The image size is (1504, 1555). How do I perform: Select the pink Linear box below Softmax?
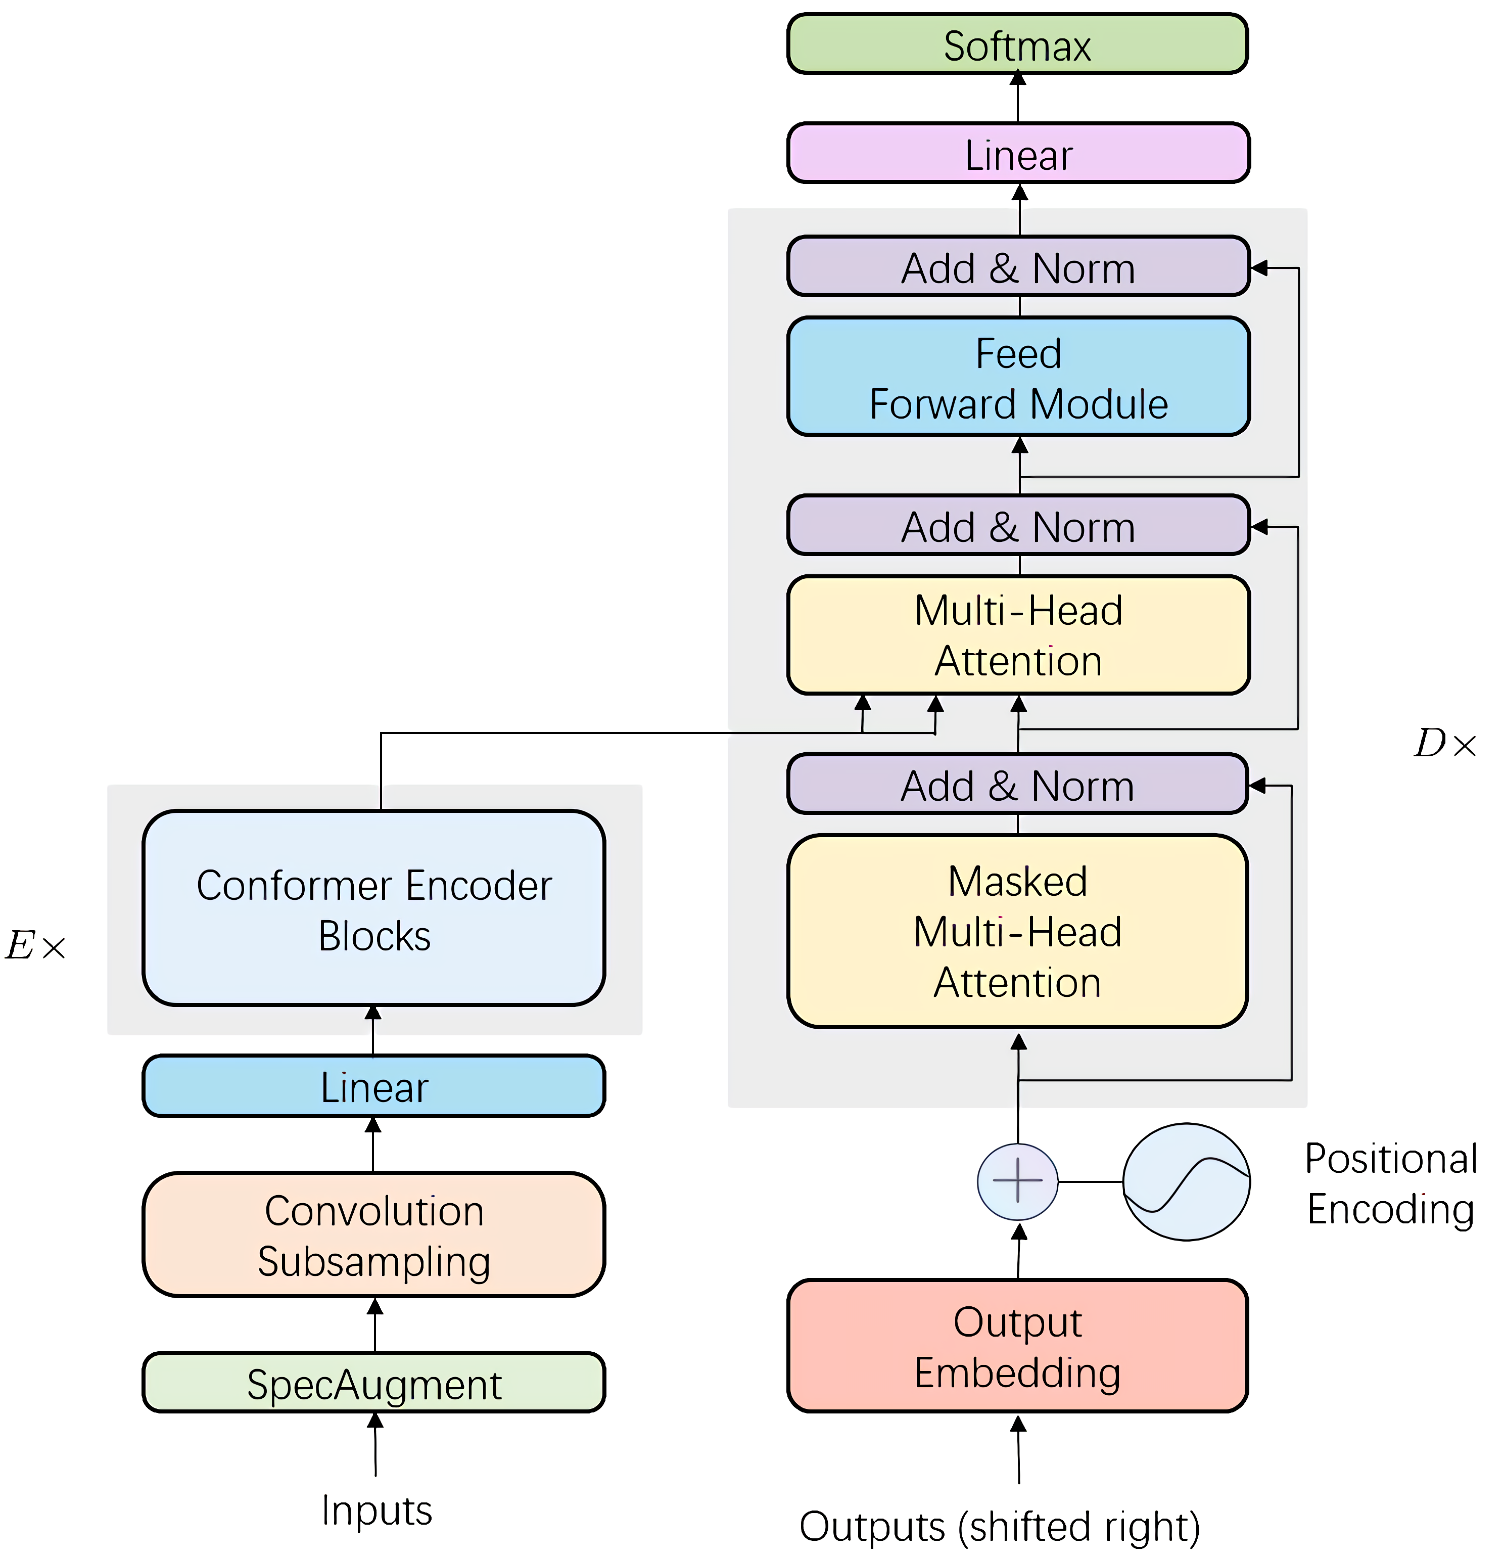[x=1018, y=154]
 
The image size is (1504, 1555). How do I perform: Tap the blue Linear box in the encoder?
[x=373, y=1086]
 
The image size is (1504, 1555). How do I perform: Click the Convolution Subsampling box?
[x=373, y=1236]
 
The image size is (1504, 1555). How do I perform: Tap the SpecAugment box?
[x=373, y=1385]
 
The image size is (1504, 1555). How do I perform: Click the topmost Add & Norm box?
[x=1018, y=267]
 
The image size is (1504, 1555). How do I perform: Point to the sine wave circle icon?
[x=1186, y=1182]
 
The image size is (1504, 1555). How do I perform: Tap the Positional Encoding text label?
[x=1391, y=1184]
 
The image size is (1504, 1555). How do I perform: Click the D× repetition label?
[x=1444, y=744]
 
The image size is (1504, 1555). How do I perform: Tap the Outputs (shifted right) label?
[x=1000, y=1526]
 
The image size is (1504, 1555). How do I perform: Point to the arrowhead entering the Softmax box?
[x=1018, y=78]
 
